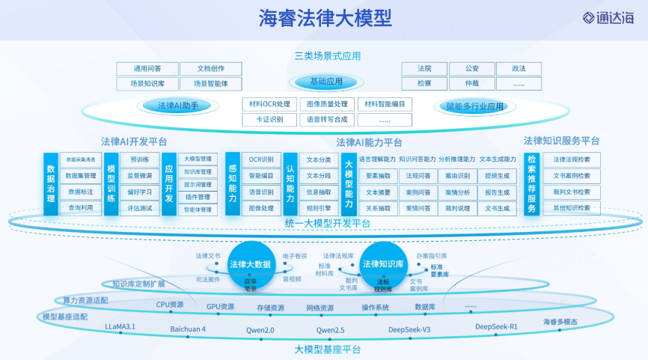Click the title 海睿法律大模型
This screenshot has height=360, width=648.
[325, 17]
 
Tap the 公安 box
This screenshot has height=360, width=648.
[471, 69]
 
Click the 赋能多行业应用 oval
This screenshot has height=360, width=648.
[474, 106]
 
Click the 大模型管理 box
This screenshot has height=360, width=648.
[198, 159]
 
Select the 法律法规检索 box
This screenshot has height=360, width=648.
[572, 159]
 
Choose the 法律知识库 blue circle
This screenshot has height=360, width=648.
[386, 264]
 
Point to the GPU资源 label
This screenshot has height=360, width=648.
[220, 306]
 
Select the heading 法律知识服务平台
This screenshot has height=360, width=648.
[561, 141]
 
